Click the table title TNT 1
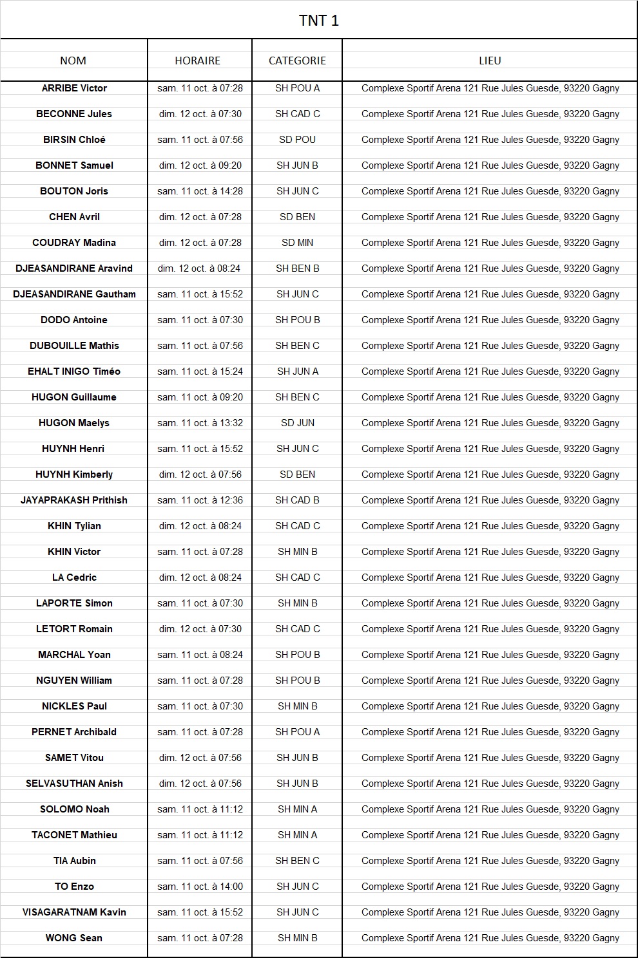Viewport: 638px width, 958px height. coord(318,21)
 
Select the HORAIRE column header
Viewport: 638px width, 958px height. coord(198,61)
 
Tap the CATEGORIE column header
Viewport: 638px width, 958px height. coord(297,61)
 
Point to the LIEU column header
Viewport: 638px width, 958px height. coord(490,61)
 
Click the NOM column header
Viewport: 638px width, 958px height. coord(73,61)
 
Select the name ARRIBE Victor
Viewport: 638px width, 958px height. coord(74,88)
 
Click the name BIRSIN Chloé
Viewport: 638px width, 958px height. coord(74,140)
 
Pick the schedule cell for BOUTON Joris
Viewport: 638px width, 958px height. coord(200,191)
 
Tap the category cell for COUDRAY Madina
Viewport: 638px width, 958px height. coord(297,243)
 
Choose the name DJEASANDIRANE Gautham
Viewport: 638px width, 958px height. coord(74,294)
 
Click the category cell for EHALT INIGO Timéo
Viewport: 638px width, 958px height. coord(297,371)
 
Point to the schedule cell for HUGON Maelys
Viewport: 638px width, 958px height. coord(200,423)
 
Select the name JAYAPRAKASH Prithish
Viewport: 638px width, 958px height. coord(74,500)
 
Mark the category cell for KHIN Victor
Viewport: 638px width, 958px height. coord(297,552)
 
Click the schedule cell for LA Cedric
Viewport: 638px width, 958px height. coord(200,578)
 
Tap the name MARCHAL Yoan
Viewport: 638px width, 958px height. coord(74,655)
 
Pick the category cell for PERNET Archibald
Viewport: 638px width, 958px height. coord(297,732)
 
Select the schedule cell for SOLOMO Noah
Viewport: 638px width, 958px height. coord(200,809)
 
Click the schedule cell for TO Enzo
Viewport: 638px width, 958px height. coord(200,887)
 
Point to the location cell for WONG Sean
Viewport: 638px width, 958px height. coord(490,938)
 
